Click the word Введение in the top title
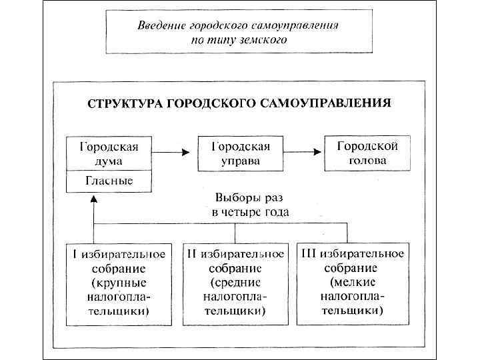(160, 25)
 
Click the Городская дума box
(109, 153)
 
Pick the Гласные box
(109, 180)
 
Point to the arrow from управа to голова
(303, 153)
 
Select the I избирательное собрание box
(119, 281)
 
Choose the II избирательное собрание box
(235, 281)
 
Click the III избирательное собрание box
(353, 281)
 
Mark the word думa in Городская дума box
(109, 161)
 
